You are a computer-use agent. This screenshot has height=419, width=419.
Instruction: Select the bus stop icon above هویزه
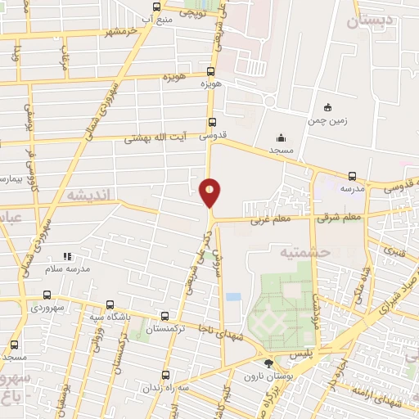(211, 71)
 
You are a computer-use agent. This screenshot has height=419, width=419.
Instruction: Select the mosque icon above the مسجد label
(282, 137)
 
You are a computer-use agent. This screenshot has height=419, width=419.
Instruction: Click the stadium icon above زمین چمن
(327, 107)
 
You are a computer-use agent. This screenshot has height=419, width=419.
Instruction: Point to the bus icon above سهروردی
(46, 295)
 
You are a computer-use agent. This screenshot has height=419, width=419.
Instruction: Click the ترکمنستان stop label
(165, 328)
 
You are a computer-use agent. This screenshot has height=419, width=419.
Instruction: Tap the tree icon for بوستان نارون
(266, 363)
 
